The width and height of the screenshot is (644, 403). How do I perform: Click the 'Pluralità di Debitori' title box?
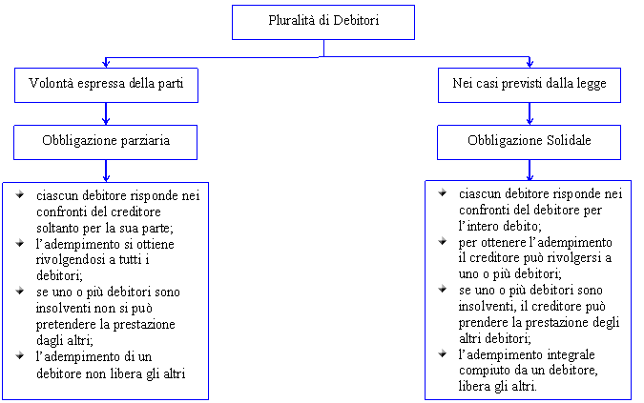click(x=323, y=22)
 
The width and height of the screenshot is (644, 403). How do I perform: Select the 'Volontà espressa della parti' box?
click(x=106, y=86)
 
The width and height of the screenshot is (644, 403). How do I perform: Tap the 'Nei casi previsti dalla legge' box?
click(x=530, y=86)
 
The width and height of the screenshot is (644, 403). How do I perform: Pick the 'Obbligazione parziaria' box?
click(x=106, y=142)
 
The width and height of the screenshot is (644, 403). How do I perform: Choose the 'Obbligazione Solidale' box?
click(x=529, y=142)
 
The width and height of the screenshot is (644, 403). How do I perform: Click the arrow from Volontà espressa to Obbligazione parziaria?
click(x=106, y=113)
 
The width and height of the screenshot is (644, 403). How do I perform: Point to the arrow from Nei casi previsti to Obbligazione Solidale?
click(x=530, y=113)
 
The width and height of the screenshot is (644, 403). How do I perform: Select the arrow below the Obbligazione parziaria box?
click(x=106, y=171)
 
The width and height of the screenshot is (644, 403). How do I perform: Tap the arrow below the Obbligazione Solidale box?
click(x=530, y=171)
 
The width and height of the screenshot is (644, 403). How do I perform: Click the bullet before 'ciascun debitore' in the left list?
click(x=20, y=194)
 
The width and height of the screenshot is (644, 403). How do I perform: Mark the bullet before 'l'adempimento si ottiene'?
click(x=20, y=244)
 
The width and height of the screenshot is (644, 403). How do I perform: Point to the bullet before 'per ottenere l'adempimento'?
click(x=443, y=241)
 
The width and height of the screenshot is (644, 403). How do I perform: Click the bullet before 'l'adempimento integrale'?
click(x=443, y=353)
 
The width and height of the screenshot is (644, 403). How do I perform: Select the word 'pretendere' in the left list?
click(x=61, y=325)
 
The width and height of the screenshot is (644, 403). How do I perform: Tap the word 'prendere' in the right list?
click(x=479, y=323)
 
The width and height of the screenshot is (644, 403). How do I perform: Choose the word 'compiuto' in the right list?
click(x=479, y=371)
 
